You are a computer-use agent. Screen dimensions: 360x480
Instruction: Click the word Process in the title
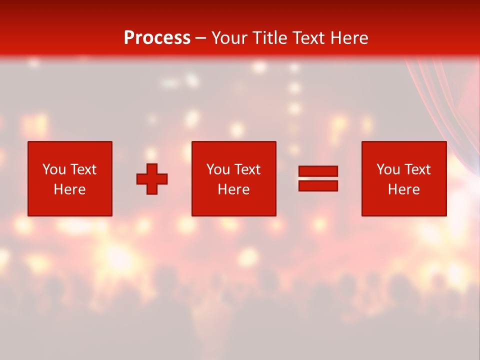[x=157, y=38]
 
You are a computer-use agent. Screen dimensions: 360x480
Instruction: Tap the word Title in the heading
[x=271, y=38]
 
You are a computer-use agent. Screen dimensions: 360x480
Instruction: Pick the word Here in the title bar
[x=349, y=38]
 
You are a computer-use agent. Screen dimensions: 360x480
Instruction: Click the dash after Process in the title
[x=201, y=38]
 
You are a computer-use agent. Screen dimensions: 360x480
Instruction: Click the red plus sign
[x=152, y=179]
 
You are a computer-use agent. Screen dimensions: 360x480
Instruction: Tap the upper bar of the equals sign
[x=318, y=171]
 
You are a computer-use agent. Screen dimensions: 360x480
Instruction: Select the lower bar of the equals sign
[x=318, y=185]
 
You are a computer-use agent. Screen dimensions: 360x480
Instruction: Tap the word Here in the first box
[x=69, y=189]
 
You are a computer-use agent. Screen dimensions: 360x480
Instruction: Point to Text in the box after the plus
[x=247, y=169]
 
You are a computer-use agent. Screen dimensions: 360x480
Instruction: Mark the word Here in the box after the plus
[x=233, y=189]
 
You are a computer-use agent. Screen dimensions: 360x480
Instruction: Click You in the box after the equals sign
[x=388, y=169]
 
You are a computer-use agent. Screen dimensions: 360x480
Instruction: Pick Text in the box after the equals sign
[x=417, y=169]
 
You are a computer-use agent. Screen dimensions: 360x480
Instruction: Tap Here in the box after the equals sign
[x=403, y=189]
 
